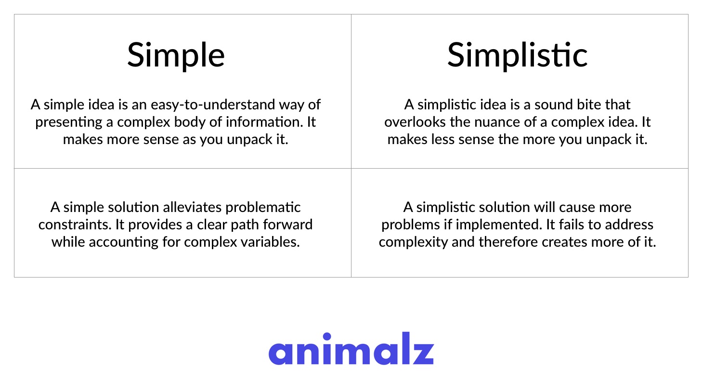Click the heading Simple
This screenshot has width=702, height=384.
click(x=176, y=56)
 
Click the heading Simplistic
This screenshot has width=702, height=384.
click(x=517, y=55)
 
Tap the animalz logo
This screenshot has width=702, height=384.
click(x=351, y=348)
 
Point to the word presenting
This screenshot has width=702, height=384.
click(x=69, y=122)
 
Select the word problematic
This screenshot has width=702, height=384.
click(x=263, y=208)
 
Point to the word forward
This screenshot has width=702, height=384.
click(x=287, y=225)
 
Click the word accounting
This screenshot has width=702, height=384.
click(x=123, y=242)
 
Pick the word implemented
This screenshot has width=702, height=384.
click(x=499, y=225)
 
